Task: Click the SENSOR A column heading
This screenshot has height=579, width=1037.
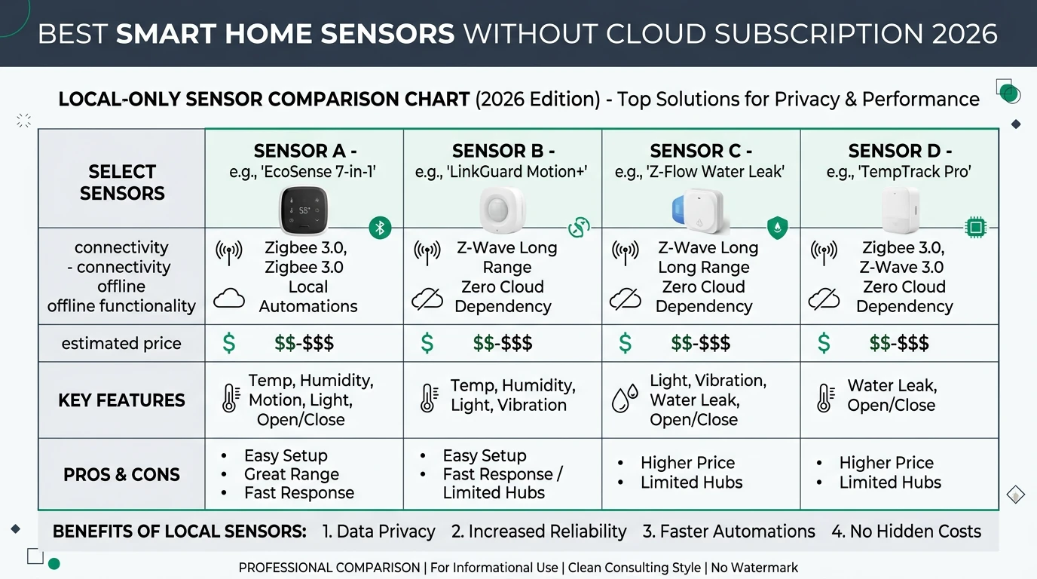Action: click(x=304, y=151)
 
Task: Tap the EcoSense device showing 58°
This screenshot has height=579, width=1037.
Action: click(x=304, y=211)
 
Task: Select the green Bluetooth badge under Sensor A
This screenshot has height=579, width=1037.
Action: click(x=381, y=227)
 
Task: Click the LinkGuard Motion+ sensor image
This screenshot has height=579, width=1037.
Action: click(x=502, y=210)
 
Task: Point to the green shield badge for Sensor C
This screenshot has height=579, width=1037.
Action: click(x=777, y=227)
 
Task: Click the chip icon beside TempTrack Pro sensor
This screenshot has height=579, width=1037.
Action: click(x=975, y=226)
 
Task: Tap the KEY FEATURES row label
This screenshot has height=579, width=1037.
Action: click(x=121, y=400)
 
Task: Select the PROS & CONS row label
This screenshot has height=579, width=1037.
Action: click(x=121, y=475)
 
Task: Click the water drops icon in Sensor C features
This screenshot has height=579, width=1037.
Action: click(x=625, y=399)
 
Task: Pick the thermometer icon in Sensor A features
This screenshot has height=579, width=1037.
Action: click(x=231, y=398)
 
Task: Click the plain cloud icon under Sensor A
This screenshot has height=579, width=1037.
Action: click(x=229, y=299)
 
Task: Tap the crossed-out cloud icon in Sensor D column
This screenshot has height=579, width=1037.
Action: click(x=824, y=299)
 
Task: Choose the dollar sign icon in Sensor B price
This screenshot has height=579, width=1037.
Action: click(x=427, y=344)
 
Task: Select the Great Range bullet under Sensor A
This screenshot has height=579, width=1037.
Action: click(x=291, y=474)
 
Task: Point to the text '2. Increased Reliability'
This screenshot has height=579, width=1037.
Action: click(x=539, y=532)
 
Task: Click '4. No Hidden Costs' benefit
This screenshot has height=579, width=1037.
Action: click(x=906, y=532)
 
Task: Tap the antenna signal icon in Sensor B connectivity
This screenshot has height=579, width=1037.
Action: click(x=427, y=253)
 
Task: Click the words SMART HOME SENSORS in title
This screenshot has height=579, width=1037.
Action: click(x=286, y=34)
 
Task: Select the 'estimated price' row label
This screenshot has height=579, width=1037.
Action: click(x=121, y=344)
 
